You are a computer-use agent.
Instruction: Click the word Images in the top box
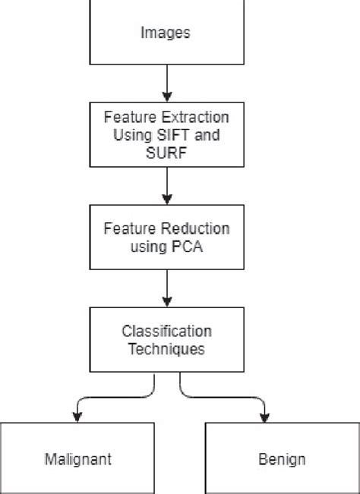tap(166, 33)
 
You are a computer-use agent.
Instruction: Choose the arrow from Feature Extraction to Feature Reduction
tap(166, 185)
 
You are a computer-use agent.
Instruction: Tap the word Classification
tap(166, 332)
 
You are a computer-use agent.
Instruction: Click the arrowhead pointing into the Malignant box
tap(76, 415)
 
